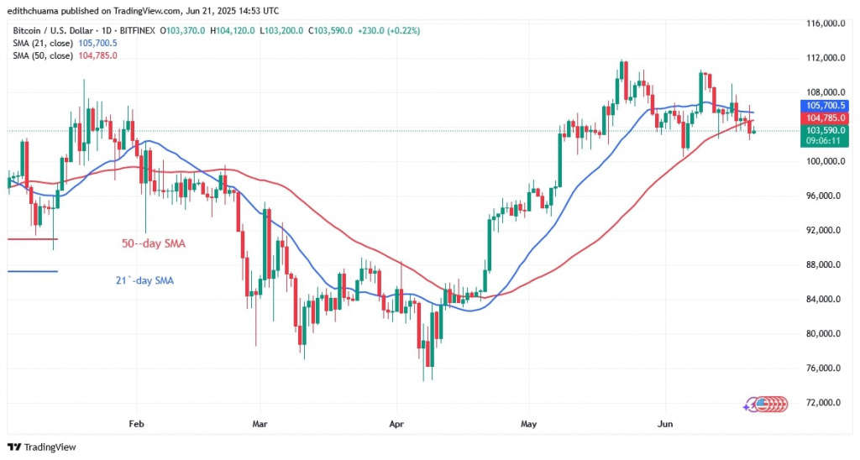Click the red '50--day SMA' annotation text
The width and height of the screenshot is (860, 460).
pos(151,243)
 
